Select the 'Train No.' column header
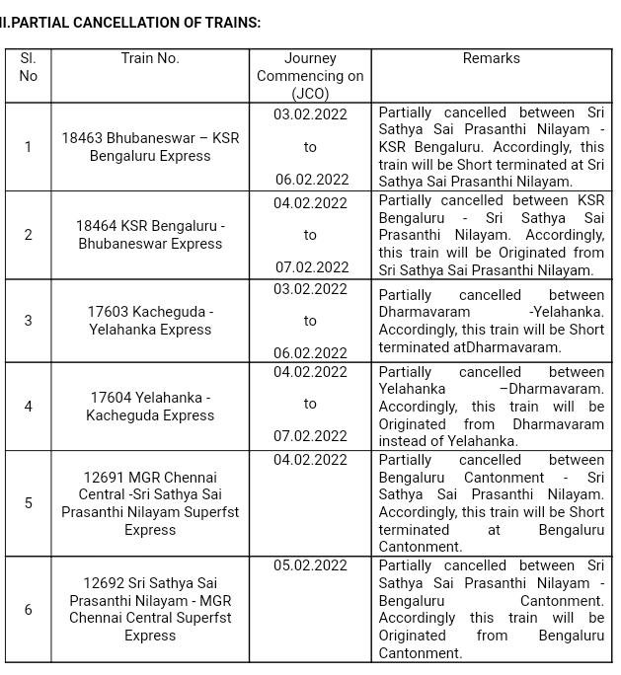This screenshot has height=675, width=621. (x=150, y=58)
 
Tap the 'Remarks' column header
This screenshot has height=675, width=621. (x=491, y=58)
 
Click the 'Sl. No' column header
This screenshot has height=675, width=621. (x=29, y=67)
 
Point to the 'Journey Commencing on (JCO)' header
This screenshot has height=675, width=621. (x=310, y=76)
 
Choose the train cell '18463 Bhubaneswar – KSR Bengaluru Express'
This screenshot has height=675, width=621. (x=150, y=147)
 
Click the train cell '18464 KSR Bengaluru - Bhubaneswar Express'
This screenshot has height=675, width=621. (x=150, y=235)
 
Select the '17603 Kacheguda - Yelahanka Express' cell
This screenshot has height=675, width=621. (x=150, y=321)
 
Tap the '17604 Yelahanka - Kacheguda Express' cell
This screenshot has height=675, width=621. (x=150, y=407)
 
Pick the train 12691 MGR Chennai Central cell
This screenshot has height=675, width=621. (x=150, y=503)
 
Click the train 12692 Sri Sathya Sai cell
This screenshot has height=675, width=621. (x=150, y=609)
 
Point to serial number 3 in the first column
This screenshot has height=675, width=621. (x=29, y=321)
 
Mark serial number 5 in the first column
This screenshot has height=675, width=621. (x=29, y=503)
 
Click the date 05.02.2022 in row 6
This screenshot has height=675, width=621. (x=310, y=565)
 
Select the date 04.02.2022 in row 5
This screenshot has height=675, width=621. (x=310, y=460)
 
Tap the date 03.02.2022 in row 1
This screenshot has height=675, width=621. (x=310, y=114)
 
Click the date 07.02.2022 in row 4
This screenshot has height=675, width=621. (x=310, y=436)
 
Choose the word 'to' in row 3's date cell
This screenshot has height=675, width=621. (x=310, y=321)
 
